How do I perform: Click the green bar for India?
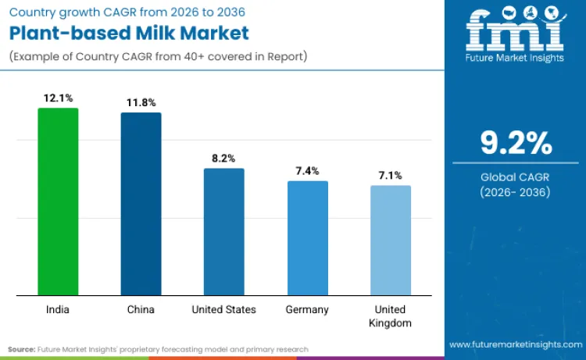[x=59, y=201]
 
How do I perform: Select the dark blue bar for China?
[x=141, y=204]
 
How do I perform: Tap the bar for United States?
[x=223, y=232]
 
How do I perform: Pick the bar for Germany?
[x=307, y=238]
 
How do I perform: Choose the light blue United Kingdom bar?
[x=390, y=241]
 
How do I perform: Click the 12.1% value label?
[x=59, y=98]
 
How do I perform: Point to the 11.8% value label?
[x=141, y=102]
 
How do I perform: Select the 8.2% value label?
[x=224, y=159]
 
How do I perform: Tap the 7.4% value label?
[x=307, y=171]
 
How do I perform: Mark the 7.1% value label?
[x=390, y=176]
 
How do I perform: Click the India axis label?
[x=59, y=309]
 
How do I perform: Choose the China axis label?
[x=141, y=309]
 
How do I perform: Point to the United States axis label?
[x=224, y=309]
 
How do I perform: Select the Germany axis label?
[x=307, y=309]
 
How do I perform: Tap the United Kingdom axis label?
[x=390, y=315]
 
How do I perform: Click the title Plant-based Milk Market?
[x=129, y=34]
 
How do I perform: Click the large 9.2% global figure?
[x=516, y=144]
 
